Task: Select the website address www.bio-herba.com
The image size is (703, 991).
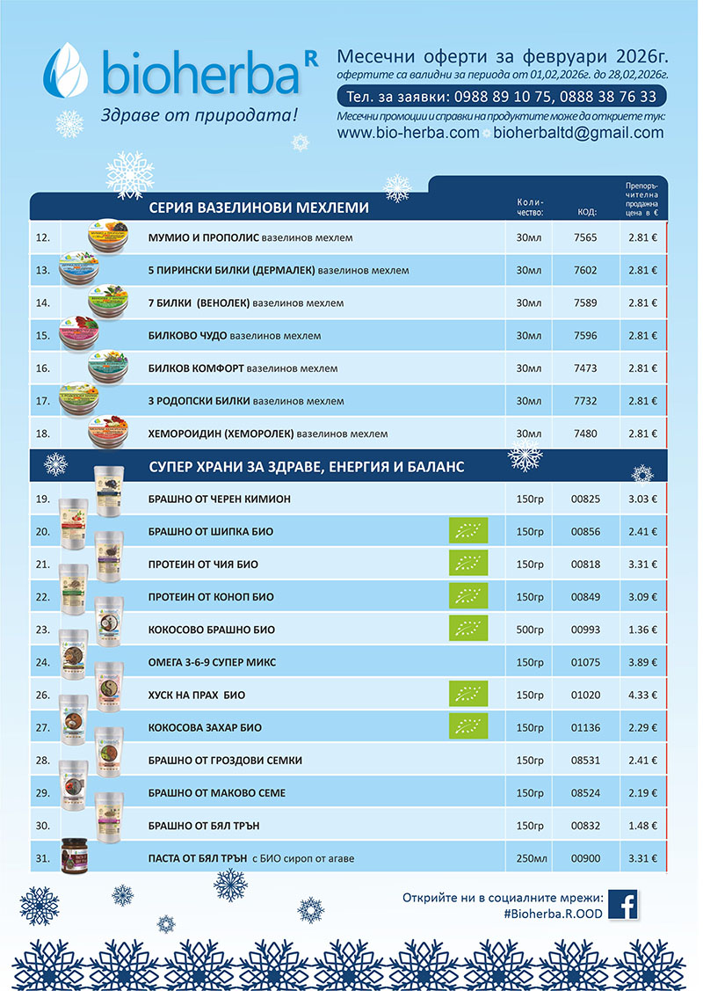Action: click(x=408, y=133)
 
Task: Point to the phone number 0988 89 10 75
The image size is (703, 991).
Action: click(x=496, y=96)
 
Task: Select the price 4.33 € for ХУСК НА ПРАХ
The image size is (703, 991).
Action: click(x=643, y=695)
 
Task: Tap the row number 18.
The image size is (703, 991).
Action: click(x=42, y=434)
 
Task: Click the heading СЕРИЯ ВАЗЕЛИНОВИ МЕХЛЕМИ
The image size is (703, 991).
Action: click(x=258, y=208)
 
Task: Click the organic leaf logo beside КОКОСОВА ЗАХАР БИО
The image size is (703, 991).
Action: click(x=468, y=727)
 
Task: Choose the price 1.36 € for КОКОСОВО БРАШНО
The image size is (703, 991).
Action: click(x=643, y=630)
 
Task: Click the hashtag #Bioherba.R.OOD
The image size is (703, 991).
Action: click(x=554, y=914)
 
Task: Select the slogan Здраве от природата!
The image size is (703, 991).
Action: click(x=199, y=115)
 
